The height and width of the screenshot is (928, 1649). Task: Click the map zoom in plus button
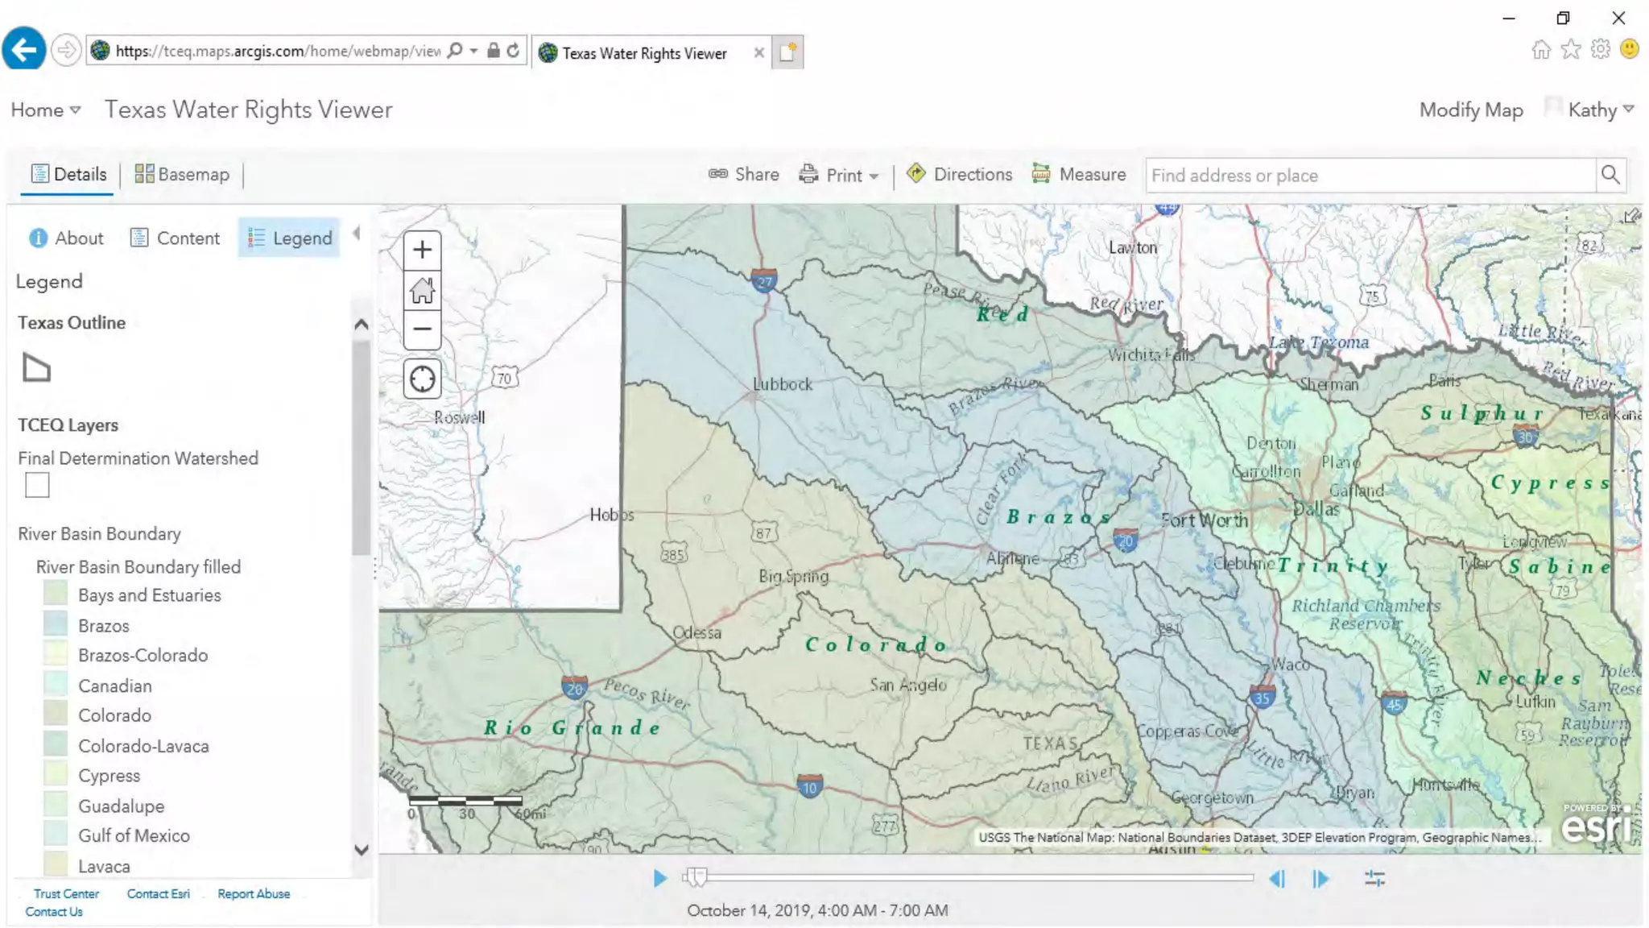[x=422, y=250]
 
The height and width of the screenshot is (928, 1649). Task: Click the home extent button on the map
[x=422, y=290]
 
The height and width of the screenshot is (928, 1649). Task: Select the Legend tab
[x=290, y=238]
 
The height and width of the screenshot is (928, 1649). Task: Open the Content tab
[x=175, y=238]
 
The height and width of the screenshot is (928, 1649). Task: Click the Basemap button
[x=182, y=175]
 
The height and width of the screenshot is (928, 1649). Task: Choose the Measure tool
[x=1079, y=175]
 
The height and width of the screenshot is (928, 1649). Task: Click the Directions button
[x=960, y=175]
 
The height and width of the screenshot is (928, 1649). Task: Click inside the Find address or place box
[x=1369, y=176]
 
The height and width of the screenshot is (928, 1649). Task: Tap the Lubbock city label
[x=782, y=385]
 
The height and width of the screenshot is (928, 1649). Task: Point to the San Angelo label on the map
[x=907, y=685]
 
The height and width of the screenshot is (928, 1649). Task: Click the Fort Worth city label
[x=1205, y=521]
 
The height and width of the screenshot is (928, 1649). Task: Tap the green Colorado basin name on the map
[x=876, y=644]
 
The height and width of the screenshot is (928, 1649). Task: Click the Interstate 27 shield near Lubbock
[x=764, y=281]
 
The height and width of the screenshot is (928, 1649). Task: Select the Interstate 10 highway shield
[x=809, y=787]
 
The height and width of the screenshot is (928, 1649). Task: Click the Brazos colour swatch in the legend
[x=56, y=625]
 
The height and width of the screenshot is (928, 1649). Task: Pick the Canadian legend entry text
[x=114, y=686]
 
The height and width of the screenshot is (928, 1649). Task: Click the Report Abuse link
[x=254, y=894]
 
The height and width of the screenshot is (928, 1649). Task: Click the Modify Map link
[x=1470, y=110]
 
